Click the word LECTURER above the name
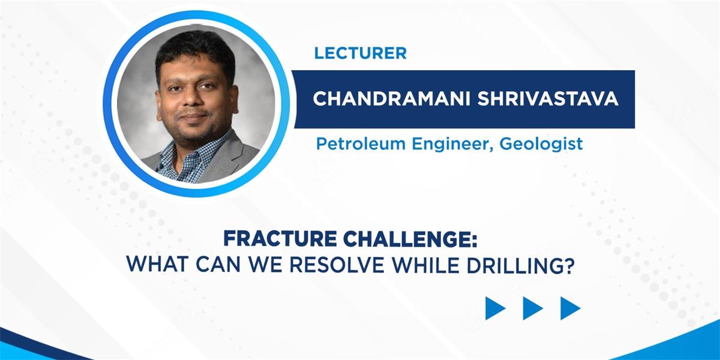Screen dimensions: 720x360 [361, 53]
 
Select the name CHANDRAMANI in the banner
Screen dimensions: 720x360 [392, 98]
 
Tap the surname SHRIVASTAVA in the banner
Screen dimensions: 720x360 [548, 98]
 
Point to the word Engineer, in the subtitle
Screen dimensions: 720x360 [452, 145]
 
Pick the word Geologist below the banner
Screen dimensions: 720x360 [541, 145]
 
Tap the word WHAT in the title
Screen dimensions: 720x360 [157, 265]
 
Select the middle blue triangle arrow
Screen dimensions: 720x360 [532, 308]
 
